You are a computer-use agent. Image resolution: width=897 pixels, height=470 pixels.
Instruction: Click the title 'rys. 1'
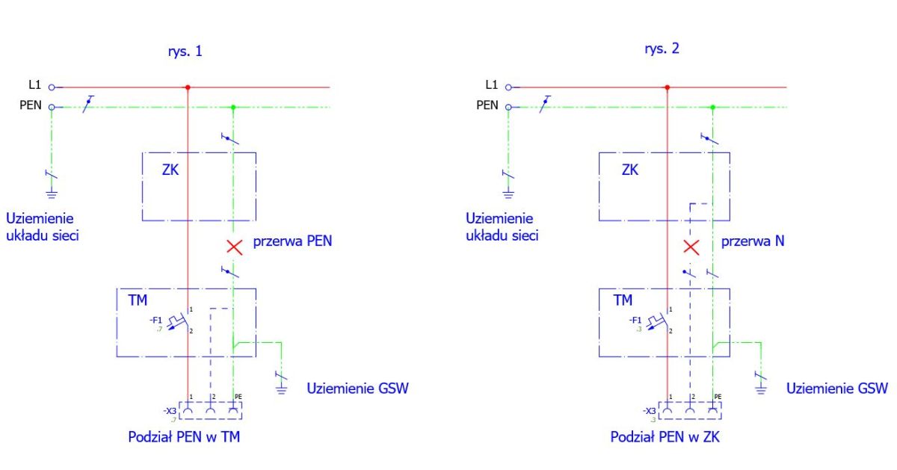(x=185, y=52)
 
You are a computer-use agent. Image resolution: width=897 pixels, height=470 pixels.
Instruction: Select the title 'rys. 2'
(x=662, y=49)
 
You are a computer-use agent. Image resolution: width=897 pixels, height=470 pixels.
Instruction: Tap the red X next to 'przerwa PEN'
(x=234, y=247)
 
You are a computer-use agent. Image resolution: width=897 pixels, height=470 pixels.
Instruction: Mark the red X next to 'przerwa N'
(x=691, y=247)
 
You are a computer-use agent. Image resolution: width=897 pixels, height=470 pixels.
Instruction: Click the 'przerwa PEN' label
(x=292, y=241)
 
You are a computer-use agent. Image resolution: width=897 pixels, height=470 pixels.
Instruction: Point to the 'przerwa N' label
(x=753, y=241)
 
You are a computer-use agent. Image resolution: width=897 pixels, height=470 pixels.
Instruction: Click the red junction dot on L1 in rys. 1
(x=188, y=87)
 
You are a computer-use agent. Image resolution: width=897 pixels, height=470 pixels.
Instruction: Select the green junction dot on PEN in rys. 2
(x=712, y=108)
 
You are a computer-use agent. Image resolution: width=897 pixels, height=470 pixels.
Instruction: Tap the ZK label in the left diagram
(x=170, y=170)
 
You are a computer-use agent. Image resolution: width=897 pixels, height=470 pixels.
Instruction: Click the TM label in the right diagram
(x=623, y=300)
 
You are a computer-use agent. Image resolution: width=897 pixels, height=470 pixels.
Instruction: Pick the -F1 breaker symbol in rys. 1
(x=179, y=321)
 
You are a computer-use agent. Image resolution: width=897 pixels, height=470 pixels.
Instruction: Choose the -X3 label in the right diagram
(x=650, y=411)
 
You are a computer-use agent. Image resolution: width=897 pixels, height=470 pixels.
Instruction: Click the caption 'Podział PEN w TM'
(x=184, y=437)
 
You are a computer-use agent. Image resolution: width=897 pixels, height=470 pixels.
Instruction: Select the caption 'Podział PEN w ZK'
(x=665, y=437)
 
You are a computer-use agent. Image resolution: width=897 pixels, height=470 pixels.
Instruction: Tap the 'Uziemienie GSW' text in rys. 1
(x=357, y=389)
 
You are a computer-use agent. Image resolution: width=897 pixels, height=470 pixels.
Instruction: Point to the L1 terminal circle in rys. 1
(x=52, y=87)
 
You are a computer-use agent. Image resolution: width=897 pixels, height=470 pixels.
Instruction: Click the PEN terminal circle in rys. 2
(x=508, y=108)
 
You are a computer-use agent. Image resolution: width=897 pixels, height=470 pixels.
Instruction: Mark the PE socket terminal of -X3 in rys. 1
(x=233, y=410)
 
